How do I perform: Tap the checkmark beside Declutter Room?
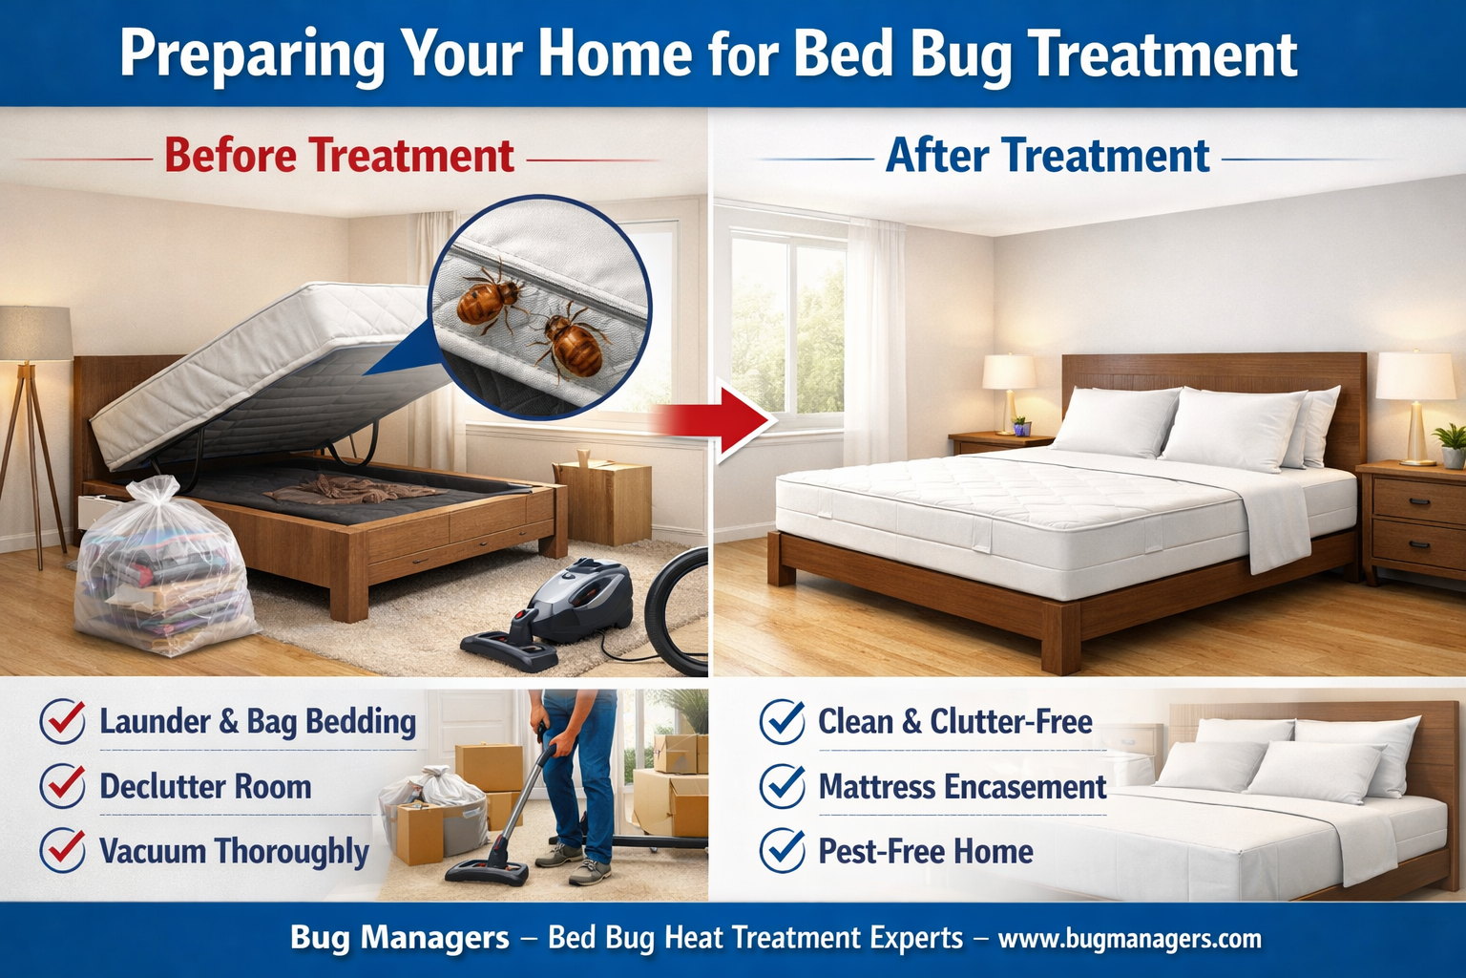63,786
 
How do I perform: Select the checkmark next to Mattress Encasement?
782,786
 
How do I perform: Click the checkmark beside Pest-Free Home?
782,850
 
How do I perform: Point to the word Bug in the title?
960,53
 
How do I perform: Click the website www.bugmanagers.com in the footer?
1129,939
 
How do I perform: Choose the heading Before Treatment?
339,156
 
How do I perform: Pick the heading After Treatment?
1047,156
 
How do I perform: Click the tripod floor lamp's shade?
35,333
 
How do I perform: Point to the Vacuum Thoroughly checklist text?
234,851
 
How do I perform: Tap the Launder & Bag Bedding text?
258,722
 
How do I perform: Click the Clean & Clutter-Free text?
954,722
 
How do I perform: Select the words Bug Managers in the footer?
399,939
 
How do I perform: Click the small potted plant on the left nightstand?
1021,425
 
